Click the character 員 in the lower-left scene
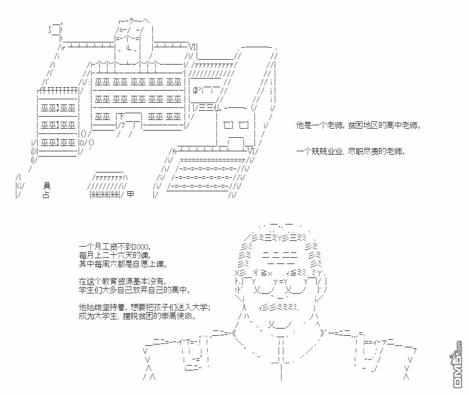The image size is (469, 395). [46, 185]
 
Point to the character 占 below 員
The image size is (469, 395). [46, 195]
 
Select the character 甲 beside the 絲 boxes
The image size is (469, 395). [130, 195]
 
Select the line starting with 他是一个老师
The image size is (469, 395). [359, 126]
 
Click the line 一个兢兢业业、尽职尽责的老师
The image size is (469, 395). [351, 151]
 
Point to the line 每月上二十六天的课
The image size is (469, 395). [115, 255]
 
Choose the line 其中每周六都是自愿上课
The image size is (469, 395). [123, 264]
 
